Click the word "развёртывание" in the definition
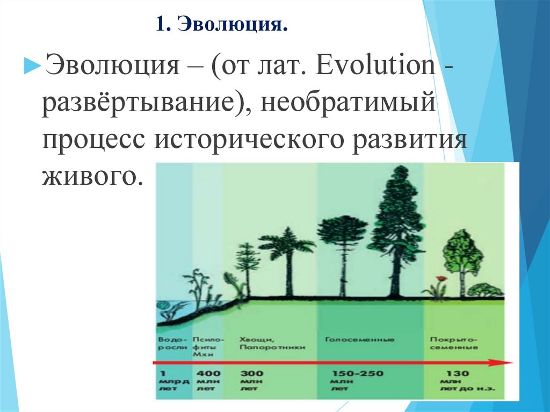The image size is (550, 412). [142, 100]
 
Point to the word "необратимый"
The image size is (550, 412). [348, 100]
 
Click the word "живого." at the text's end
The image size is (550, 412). [92, 176]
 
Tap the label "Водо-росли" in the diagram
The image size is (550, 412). [173, 344]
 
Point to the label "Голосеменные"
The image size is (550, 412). [360, 340]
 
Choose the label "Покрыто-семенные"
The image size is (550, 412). [454, 344]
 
